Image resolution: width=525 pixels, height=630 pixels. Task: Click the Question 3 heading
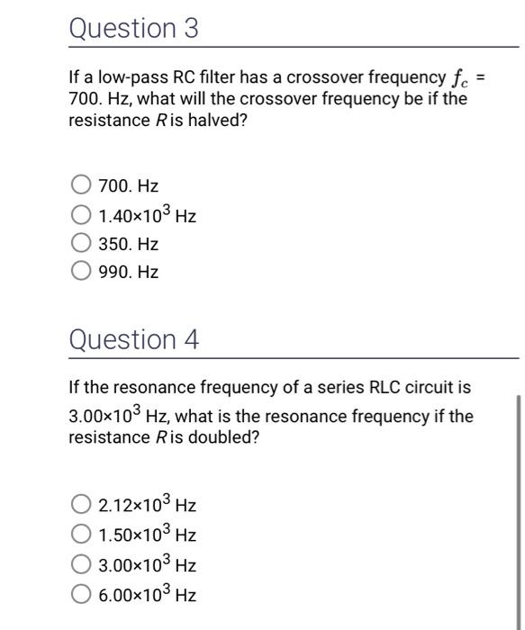[x=133, y=29]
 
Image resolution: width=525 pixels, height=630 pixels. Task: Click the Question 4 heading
[x=134, y=340]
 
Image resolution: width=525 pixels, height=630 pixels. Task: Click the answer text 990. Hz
[x=129, y=272]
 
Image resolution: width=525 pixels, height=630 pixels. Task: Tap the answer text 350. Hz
[x=129, y=244]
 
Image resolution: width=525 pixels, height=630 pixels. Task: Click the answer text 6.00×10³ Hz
[x=148, y=594]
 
